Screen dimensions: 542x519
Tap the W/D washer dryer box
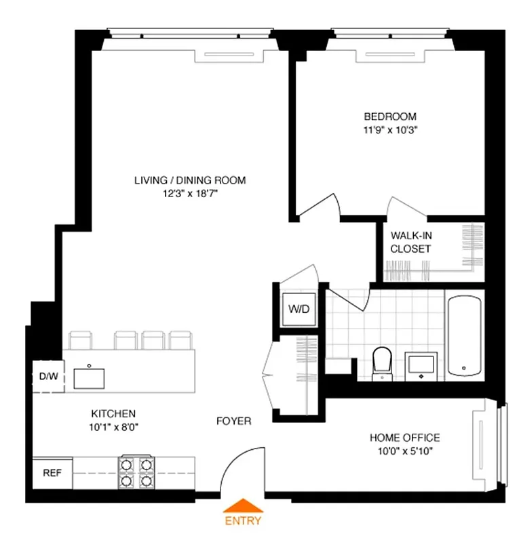coord(299,310)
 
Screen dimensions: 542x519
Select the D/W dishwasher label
coord(47,376)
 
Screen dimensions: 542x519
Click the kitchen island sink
coord(89,377)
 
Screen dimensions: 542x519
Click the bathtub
coord(464,335)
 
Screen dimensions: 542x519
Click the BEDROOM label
coord(389,116)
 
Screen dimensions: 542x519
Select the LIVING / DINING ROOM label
coord(189,180)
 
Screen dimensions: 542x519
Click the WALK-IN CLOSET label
coord(410,242)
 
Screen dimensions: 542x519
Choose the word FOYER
coord(233,421)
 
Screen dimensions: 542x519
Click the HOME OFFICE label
coord(404,438)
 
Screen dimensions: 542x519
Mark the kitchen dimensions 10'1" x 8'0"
coord(114,427)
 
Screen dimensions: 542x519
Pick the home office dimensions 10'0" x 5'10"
coord(404,451)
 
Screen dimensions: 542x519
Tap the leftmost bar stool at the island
coord(80,339)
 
